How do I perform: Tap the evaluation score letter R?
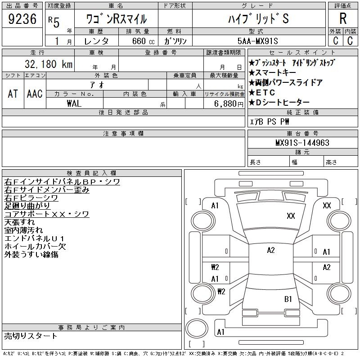pos(343,18)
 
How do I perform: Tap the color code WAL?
pos(74,103)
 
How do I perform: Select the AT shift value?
pos(13,94)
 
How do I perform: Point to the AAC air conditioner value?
pos(35,94)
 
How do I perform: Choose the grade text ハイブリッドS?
pos(258,19)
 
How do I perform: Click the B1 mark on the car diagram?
pos(288,299)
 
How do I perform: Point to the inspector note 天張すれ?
pos(20,222)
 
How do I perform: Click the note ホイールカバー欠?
pos(35,247)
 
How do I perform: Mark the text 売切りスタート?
pos(31,336)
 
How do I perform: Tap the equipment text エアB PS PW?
pos(270,121)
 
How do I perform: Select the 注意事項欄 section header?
pos(123,133)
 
